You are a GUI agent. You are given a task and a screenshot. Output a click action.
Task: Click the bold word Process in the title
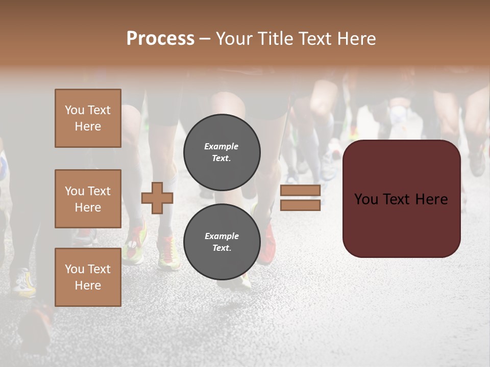tap(160, 39)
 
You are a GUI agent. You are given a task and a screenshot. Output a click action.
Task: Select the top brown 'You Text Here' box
tap(88, 118)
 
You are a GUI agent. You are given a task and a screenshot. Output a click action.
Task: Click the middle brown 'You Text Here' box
tap(88, 199)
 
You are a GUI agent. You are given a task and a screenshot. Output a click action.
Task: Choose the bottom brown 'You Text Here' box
tap(88, 277)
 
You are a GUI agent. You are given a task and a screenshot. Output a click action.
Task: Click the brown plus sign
tap(157, 198)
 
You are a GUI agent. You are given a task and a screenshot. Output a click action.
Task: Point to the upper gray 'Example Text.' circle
tap(222, 152)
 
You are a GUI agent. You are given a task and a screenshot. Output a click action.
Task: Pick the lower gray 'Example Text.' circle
tap(222, 242)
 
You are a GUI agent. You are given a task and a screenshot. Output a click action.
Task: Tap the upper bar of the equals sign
tap(300, 191)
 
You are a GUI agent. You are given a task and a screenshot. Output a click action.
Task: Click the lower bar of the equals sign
tap(300, 205)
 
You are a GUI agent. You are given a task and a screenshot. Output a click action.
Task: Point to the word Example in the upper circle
tap(222, 146)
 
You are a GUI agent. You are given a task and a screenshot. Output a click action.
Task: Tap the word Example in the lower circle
tap(222, 236)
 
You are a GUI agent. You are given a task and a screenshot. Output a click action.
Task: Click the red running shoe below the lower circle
tap(267, 245)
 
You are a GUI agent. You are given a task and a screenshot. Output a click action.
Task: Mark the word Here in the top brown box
tap(88, 126)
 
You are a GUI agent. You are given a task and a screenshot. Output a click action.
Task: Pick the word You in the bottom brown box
tap(75, 269)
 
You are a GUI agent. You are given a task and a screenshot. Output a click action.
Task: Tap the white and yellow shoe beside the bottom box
tap(24, 283)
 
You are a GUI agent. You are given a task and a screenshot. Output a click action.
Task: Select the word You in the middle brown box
tap(75, 191)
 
